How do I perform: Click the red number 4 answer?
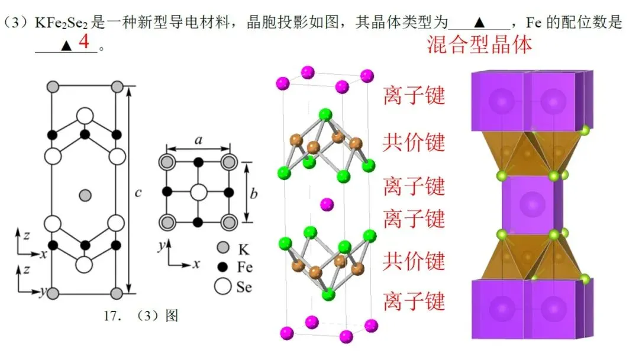tap(84, 41)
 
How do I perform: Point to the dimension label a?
tap(198, 140)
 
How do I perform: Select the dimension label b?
tap(253, 193)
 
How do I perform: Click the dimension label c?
tap(138, 192)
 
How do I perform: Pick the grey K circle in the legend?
tap(223, 247)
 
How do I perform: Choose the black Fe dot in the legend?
tap(222, 267)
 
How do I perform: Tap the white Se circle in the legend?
tap(222, 286)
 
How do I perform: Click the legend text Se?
tap(244, 287)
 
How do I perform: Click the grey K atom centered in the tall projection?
tap(85, 195)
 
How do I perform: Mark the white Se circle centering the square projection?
tap(198, 192)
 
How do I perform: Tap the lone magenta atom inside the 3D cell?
tap(327, 204)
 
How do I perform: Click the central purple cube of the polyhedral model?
tap(532, 205)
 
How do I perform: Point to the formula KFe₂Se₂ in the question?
tap(61, 22)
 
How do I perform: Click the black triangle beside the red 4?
tap(66, 45)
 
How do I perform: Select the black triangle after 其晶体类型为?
tap(479, 22)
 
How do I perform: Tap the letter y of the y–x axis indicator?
tap(162, 246)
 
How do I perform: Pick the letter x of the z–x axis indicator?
tap(44, 255)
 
